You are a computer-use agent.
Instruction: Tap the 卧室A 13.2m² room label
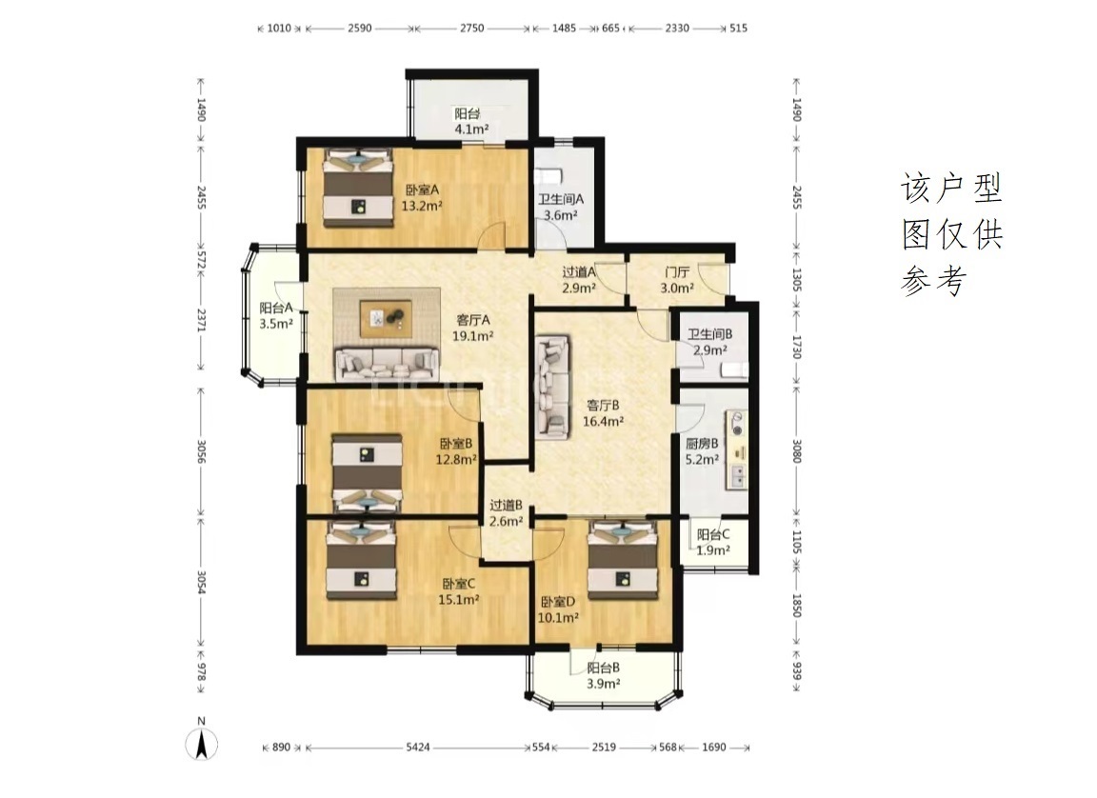422,197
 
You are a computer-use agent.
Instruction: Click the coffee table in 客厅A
386,319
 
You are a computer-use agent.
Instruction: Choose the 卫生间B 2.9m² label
709,342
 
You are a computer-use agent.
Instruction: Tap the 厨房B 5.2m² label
703,451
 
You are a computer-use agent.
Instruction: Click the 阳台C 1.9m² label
713,542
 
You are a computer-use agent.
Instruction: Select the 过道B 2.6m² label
506,512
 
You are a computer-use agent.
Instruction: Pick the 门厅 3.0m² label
677,280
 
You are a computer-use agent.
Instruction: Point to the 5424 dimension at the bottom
418,747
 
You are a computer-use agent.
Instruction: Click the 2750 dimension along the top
471,28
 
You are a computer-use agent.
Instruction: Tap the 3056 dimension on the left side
201,451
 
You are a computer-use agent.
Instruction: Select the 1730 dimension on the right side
796,347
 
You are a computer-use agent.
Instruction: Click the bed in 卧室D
622,560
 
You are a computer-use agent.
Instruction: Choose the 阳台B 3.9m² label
603,675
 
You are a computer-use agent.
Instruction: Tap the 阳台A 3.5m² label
276,315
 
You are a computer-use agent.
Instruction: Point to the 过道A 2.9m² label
579,280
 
